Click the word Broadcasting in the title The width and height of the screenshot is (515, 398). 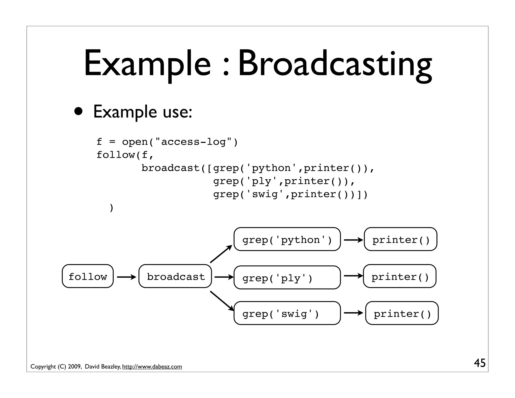[335, 64]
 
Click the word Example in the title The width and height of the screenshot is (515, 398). [147, 64]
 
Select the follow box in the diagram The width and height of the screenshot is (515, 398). [88, 276]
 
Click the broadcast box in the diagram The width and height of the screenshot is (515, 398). [175, 276]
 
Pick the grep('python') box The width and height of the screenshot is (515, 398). [287, 239]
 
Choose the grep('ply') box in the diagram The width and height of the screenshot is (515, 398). [287, 277]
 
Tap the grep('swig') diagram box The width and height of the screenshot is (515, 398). [287, 313]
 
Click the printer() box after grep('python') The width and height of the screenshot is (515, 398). [401, 239]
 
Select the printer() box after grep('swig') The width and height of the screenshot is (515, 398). [402, 313]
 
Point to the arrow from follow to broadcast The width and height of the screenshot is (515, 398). [126, 277]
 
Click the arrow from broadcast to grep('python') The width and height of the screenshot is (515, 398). [221, 254]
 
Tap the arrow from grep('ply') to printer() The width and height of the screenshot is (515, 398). [353, 276]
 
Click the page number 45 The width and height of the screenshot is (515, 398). [480, 363]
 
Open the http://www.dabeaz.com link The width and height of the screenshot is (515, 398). [152, 367]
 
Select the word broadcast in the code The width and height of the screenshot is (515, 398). [170, 168]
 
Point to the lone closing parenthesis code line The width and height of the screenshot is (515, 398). [112, 208]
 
